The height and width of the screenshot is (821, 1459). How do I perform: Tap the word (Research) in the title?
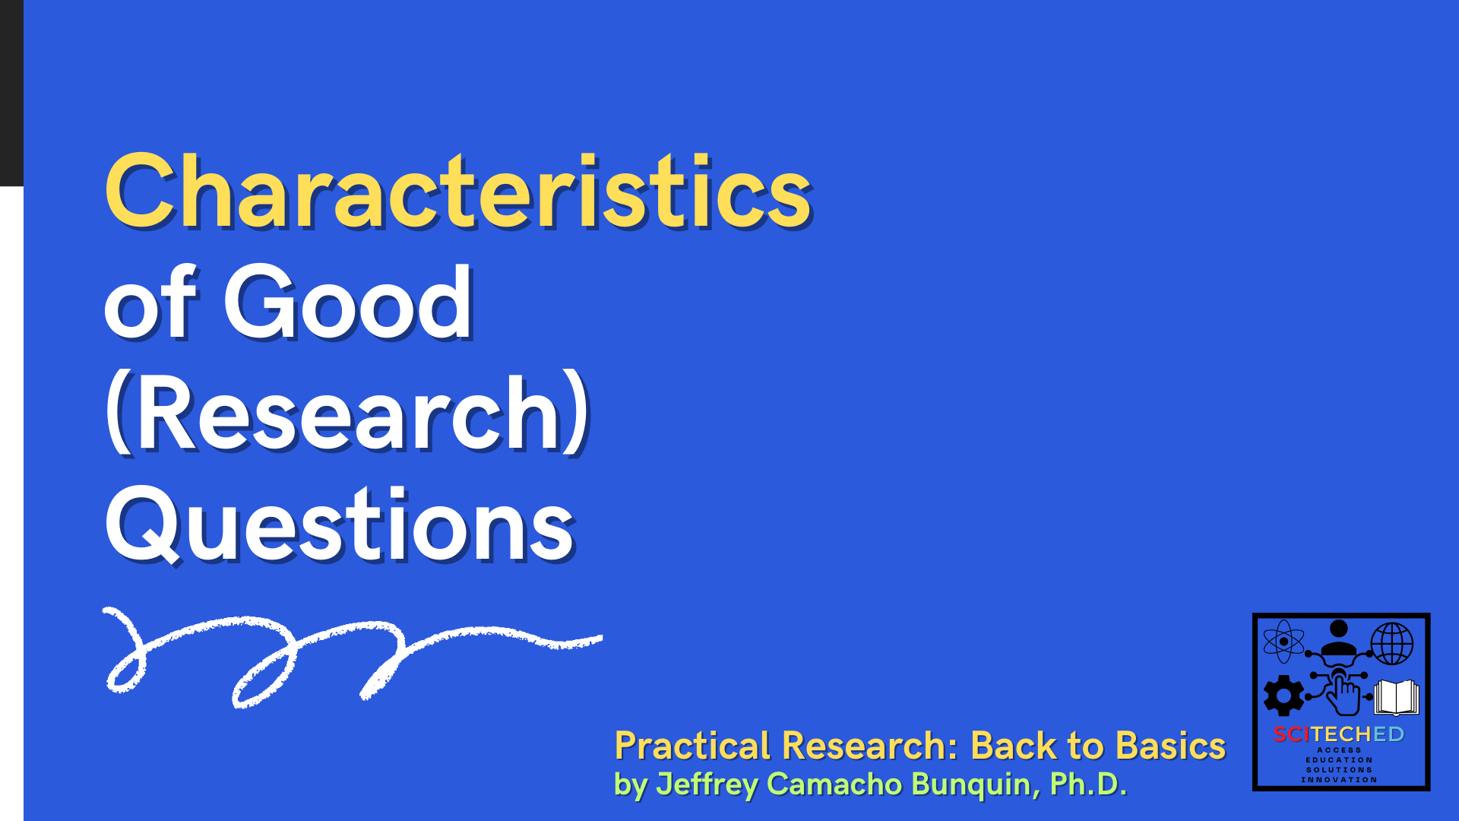[347, 414]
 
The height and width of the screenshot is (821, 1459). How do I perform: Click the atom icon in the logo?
[1283, 641]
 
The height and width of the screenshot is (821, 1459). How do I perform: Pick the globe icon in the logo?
[1391, 643]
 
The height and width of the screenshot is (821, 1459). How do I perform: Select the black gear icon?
[1283, 695]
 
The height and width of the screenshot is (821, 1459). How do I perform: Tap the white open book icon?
[1396, 697]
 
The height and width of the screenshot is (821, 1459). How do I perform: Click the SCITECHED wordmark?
[1339, 734]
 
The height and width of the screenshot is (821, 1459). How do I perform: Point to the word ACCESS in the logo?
[1339, 750]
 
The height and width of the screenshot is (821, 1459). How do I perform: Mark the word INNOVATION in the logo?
[1339, 780]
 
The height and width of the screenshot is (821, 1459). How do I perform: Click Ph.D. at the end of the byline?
[1087, 785]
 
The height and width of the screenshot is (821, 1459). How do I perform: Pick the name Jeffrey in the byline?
[706, 785]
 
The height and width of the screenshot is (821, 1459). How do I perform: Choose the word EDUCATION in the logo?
[1339, 760]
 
